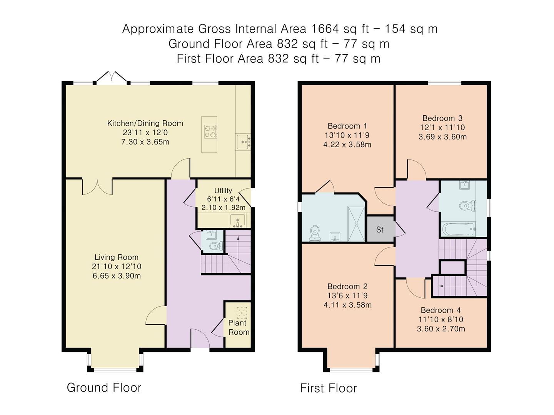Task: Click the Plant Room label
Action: (239, 327)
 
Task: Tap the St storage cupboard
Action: (380, 229)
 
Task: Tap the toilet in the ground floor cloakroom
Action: (215, 246)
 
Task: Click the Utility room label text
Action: (223, 191)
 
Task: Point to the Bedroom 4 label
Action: (441, 310)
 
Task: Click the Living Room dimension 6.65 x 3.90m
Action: (117, 276)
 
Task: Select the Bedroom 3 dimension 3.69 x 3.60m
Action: (442, 137)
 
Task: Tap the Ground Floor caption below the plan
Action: (104, 387)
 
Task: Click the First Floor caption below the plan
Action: (328, 388)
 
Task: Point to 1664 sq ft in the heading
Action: (338, 29)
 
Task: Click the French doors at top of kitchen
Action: (111, 78)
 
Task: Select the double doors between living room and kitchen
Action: (97, 187)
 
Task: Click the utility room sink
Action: (237, 221)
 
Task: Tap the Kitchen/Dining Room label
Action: (145, 123)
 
